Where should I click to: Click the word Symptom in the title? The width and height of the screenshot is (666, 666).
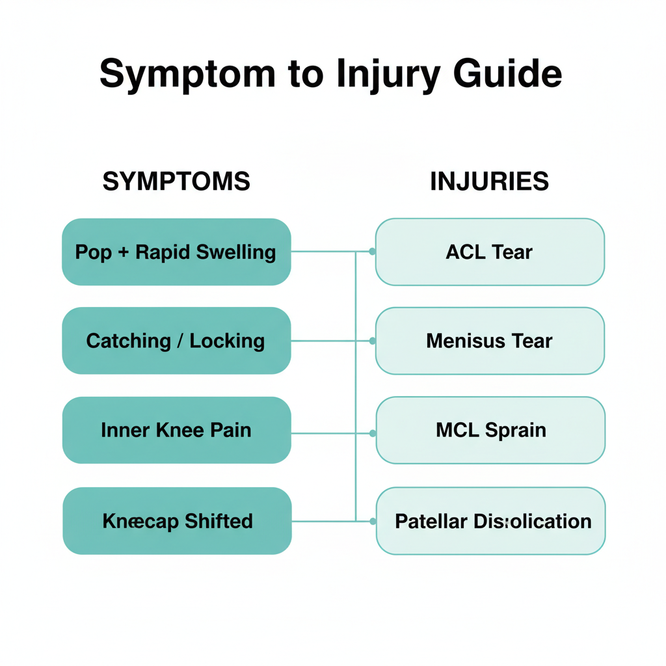tap(187, 74)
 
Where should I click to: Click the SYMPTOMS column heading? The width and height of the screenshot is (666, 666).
tap(176, 181)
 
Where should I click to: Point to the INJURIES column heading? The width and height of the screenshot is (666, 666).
tap(489, 181)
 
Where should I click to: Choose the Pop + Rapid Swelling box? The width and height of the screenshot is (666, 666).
tap(176, 252)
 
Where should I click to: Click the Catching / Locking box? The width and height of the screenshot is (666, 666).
tap(176, 341)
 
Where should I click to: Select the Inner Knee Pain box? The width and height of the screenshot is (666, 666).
tap(176, 430)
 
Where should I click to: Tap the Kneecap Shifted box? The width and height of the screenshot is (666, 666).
tap(177, 521)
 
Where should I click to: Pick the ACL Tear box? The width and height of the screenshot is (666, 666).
tap(490, 252)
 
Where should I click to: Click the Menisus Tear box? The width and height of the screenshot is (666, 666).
tap(490, 341)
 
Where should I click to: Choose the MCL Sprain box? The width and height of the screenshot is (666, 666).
tap(490, 430)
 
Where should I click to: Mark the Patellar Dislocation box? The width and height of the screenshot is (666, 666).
tap(491, 521)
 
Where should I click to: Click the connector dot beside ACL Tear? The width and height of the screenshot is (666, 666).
tap(372, 252)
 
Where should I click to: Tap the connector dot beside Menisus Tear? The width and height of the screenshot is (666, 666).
tap(372, 341)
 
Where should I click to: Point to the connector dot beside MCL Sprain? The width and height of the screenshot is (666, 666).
tap(373, 433)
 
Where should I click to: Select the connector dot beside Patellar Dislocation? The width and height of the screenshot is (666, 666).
tap(373, 521)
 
